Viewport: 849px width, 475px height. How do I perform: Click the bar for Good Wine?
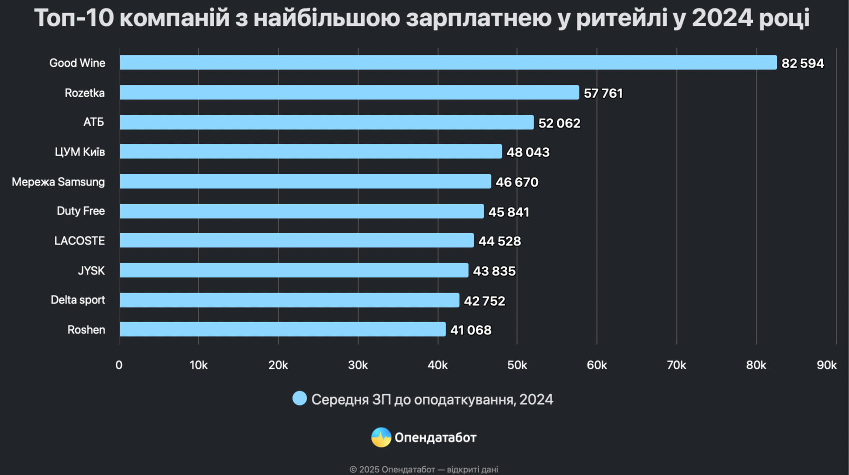[x=448, y=63]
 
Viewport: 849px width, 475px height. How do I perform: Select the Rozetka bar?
[x=349, y=93]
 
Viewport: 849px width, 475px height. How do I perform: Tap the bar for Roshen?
[x=282, y=329]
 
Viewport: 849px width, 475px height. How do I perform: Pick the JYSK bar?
[x=294, y=270]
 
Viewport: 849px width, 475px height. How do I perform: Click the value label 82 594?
[x=802, y=64]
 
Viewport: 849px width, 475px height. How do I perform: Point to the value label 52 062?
[x=559, y=123]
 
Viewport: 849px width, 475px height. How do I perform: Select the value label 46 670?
[x=516, y=182]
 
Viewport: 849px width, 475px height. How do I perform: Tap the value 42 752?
[x=484, y=301]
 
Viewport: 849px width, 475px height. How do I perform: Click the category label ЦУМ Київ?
[x=80, y=152]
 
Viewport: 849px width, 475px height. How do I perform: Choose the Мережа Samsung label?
[x=58, y=182]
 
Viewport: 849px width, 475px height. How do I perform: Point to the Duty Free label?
[x=81, y=211]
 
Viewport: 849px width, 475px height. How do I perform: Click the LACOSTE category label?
[x=79, y=241]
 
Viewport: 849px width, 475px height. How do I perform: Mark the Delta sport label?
[x=78, y=300]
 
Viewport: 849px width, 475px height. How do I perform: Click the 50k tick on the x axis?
[x=517, y=365]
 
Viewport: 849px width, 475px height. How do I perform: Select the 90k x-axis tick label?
[x=826, y=365]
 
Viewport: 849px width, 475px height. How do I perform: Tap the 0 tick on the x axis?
[x=119, y=365]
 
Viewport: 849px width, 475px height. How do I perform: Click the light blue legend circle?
[x=299, y=399]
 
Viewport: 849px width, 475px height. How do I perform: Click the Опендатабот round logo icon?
[x=381, y=437]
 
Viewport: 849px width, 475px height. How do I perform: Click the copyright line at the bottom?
[x=424, y=469]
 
